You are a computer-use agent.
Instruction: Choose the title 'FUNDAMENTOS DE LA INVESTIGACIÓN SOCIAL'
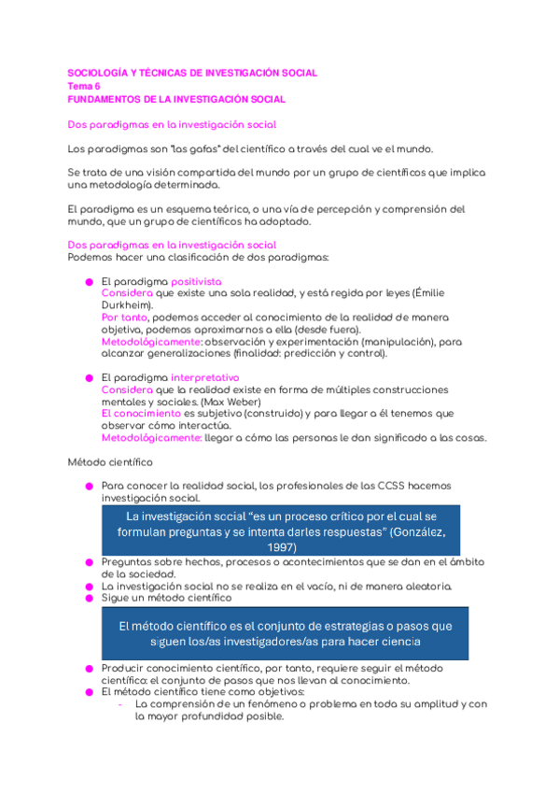point(177,99)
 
